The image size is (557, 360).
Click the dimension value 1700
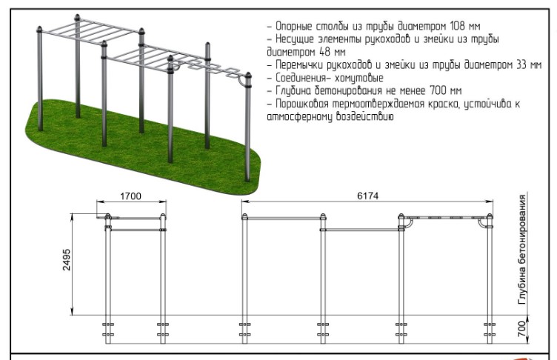tap(130, 196)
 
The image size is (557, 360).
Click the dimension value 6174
tap(367, 196)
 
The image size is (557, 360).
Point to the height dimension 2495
tap(67, 260)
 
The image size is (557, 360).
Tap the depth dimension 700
tap(522, 329)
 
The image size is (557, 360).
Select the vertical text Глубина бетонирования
tap(522, 250)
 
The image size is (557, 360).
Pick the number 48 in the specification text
tap(324, 52)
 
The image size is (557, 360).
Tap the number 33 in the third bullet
tap(521, 65)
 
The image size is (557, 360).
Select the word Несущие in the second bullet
tap(295, 39)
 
